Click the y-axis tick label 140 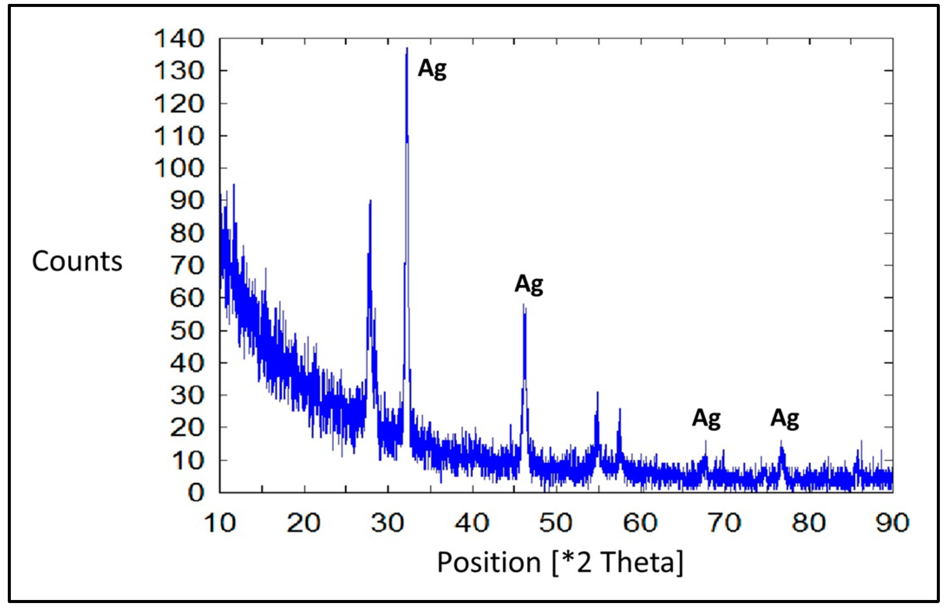pos(179,39)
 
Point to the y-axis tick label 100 pos(179,168)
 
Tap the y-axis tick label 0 pos(196,493)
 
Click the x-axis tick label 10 pos(220,523)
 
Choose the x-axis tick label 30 pos(388,523)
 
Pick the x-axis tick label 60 pos(641,523)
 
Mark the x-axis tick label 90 pos(892,523)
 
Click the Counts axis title pos(77,261)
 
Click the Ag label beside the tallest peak pos(432,69)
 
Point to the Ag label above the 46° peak pos(529,284)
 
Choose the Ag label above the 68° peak pos(706,419)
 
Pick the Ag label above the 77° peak pos(785,419)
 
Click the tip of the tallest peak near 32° pos(407,48)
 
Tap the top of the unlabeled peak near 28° pos(370,200)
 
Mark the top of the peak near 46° pos(523,304)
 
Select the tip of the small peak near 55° pos(598,392)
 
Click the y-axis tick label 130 pos(179,71)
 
